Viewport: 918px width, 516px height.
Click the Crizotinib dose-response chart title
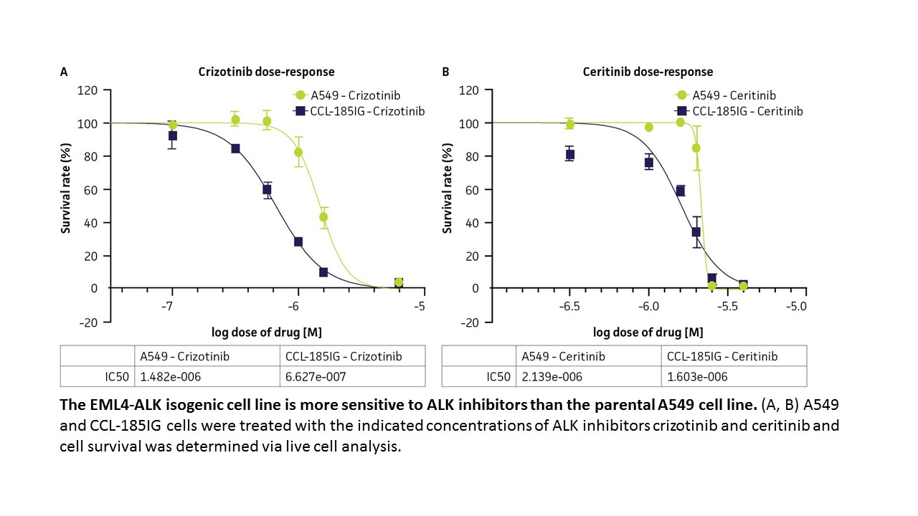(x=266, y=72)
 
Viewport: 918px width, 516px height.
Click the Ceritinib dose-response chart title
(x=648, y=72)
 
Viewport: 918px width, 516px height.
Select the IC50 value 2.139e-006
(x=552, y=376)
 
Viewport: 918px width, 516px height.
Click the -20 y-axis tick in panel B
(x=469, y=322)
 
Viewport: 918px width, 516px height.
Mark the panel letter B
(x=445, y=72)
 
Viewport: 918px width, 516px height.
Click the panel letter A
(x=64, y=72)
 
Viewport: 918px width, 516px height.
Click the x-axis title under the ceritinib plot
(x=648, y=332)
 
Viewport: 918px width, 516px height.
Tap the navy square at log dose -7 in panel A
(x=172, y=135)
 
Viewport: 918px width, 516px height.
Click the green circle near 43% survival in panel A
(x=323, y=217)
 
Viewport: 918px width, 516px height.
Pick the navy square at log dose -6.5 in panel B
(x=569, y=155)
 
